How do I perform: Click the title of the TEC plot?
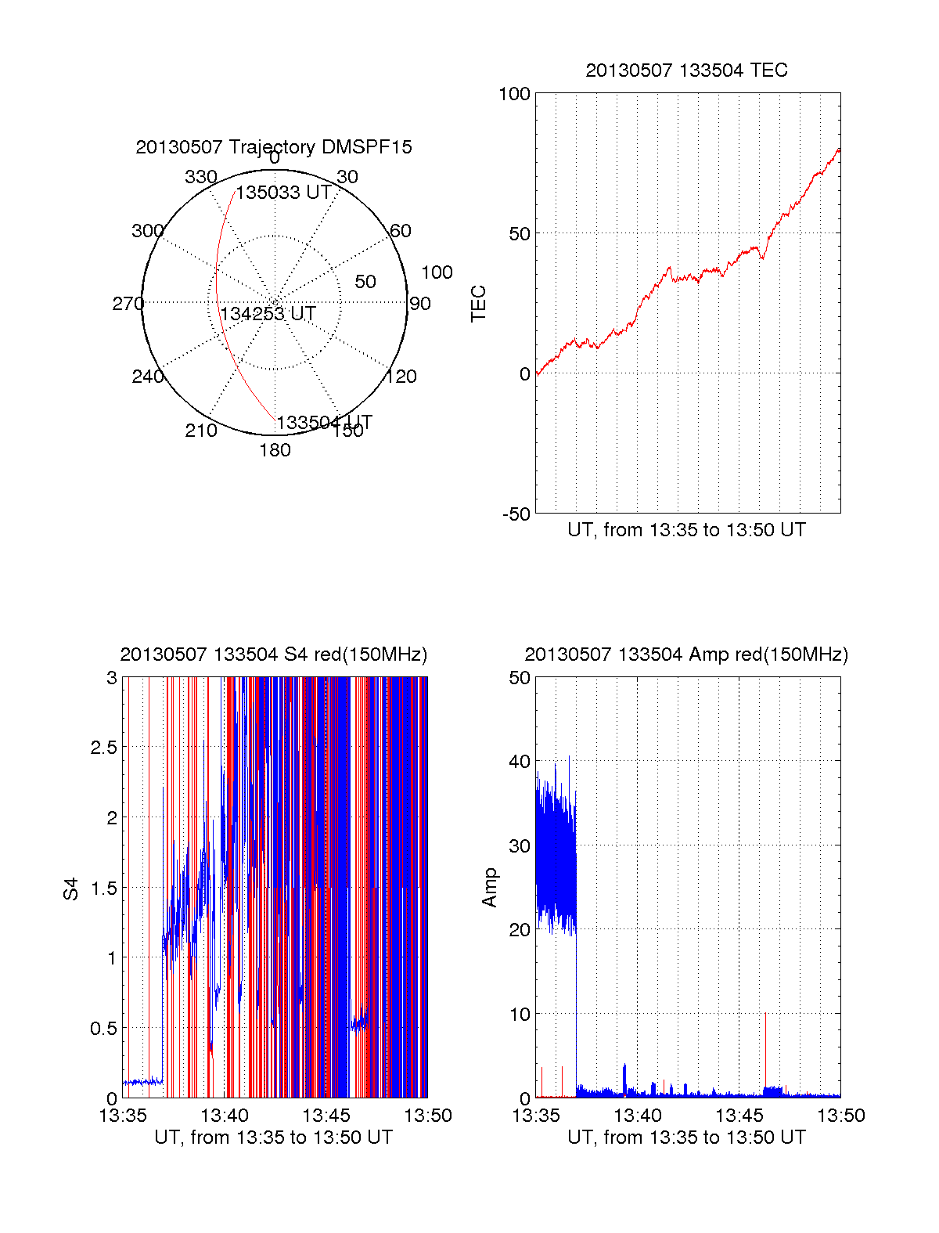pyautogui.click(x=686, y=70)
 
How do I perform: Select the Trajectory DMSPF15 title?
pyautogui.click(x=274, y=147)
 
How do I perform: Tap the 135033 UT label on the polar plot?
pyautogui.click(x=283, y=193)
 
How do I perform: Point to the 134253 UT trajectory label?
pyautogui.click(x=268, y=314)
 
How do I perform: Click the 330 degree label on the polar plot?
pyautogui.click(x=201, y=177)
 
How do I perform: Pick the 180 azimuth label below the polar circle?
pyautogui.click(x=275, y=450)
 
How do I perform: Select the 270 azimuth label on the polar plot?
pyautogui.click(x=128, y=304)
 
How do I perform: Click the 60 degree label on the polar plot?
pyautogui.click(x=400, y=231)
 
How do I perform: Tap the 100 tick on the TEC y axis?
pyautogui.click(x=514, y=94)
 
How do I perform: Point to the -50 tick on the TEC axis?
pyautogui.click(x=516, y=514)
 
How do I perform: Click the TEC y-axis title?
pyautogui.click(x=479, y=304)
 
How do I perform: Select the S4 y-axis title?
pyautogui.click(x=71, y=889)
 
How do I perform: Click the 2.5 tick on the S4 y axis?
pyautogui.click(x=104, y=748)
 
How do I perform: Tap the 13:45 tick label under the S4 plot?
pyautogui.click(x=326, y=1116)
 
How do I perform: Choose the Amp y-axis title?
pyautogui.click(x=490, y=888)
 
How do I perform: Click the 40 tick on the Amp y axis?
pyautogui.click(x=520, y=762)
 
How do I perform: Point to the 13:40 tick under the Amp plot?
pyautogui.click(x=638, y=1116)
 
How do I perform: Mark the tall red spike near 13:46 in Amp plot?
pyautogui.click(x=765, y=1049)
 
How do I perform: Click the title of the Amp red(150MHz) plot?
pyautogui.click(x=686, y=654)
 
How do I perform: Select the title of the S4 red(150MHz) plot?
pyautogui.click(x=274, y=654)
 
